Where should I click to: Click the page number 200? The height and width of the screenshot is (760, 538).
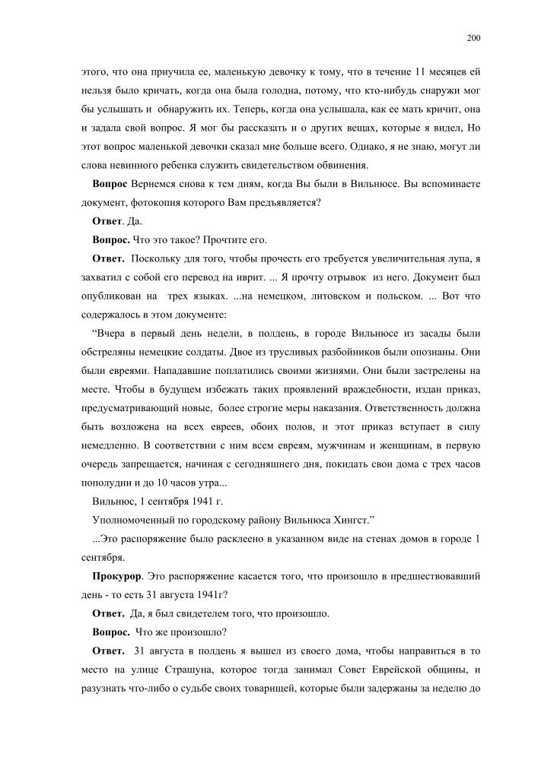[x=473, y=36]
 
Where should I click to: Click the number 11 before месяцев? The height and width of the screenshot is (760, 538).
[x=417, y=72]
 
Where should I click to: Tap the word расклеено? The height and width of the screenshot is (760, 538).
[x=207, y=539]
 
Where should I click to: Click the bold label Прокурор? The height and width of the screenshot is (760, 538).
[x=115, y=575]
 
